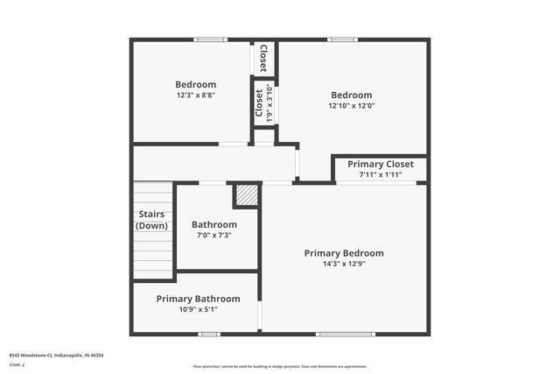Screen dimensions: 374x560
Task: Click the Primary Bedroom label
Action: (x=344, y=253)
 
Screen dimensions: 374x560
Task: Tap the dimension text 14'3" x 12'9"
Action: (x=344, y=265)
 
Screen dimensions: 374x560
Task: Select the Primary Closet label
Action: (x=381, y=164)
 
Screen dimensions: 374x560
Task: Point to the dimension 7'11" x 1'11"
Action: (x=381, y=175)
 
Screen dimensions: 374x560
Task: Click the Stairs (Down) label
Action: (x=152, y=220)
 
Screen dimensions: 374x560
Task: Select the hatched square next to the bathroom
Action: (x=248, y=196)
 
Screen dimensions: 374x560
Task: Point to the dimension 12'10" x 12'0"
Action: (x=352, y=106)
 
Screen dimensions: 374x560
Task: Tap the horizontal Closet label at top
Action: (x=263, y=58)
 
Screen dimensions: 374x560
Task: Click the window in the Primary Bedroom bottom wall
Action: (x=333, y=334)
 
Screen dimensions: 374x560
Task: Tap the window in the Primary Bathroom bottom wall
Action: (x=208, y=334)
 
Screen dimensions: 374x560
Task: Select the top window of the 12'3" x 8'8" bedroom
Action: (x=209, y=39)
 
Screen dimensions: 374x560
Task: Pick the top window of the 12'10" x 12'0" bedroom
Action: (x=342, y=39)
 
